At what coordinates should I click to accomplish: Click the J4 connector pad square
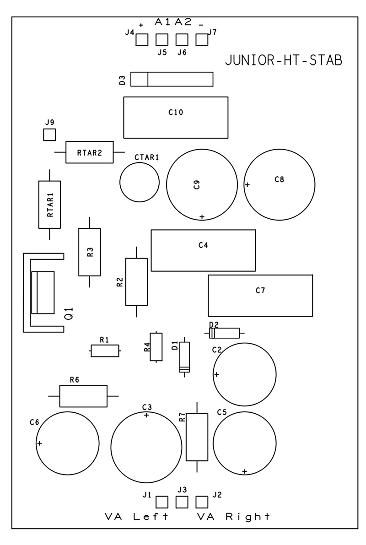tap(142, 40)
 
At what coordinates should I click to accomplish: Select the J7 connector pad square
tap(202, 40)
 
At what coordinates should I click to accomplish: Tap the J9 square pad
tap(49, 135)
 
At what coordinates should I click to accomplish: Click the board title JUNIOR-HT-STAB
tap(284, 61)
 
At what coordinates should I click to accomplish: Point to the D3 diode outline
tap(172, 79)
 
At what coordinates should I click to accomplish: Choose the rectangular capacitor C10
tap(176, 118)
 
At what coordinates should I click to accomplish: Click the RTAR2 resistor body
tap(90, 152)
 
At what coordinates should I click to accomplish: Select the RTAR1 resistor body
tap(49, 204)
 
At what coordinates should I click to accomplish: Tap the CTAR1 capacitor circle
tap(140, 182)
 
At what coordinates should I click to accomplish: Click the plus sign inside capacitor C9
tap(201, 216)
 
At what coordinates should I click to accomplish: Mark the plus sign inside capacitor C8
tap(248, 185)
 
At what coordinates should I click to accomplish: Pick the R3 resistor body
tap(90, 252)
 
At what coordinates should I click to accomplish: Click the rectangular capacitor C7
tap(260, 296)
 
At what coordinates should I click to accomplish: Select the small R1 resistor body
tap(105, 351)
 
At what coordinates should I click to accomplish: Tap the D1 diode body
tap(185, 357)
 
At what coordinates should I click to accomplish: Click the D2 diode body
tap(225, 333)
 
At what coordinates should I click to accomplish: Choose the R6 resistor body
tap(83, 396)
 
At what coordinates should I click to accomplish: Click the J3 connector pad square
tap(182, 502)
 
